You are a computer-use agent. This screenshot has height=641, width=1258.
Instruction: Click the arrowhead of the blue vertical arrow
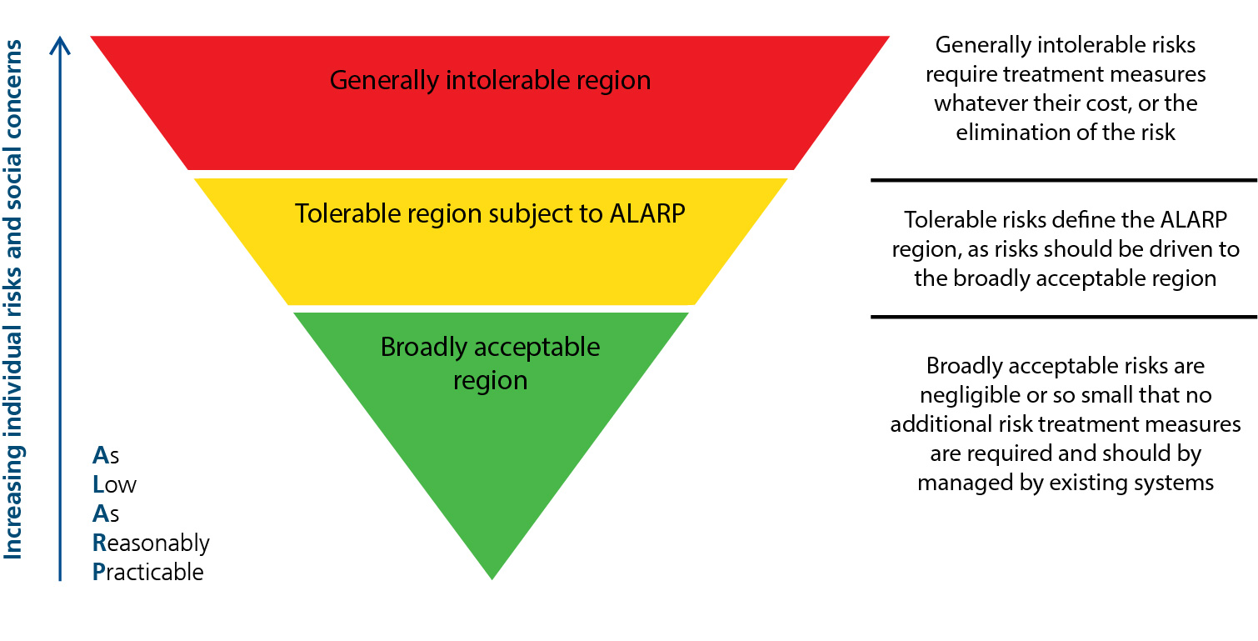click(60, 46)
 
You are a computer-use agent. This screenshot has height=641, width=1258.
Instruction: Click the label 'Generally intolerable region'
click(490, 80)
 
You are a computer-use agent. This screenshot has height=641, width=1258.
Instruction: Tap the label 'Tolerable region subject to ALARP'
click(490, 214)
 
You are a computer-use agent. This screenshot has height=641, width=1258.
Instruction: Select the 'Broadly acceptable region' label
click(490, 363)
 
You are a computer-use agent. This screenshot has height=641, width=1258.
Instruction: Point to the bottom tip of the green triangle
click(492, 579)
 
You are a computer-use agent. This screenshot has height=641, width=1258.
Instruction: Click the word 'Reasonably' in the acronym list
click(151, 543)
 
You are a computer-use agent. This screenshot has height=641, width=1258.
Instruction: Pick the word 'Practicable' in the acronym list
click(147, 572)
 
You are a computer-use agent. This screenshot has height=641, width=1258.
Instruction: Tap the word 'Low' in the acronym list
click(114, 484)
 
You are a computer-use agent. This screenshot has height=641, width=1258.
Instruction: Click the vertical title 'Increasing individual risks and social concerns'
click(12, 299)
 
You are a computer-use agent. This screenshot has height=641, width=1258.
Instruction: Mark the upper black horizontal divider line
click(1064, 180)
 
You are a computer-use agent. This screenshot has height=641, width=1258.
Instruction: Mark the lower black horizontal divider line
click(1064, 317)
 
